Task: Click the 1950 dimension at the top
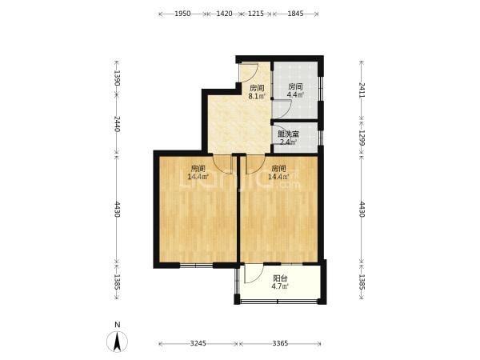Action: click(182, 14)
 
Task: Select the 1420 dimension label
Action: click(224, 14)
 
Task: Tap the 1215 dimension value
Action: click(256, 14)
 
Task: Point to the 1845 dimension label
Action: click(295, 14)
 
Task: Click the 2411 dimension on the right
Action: click(362, 90)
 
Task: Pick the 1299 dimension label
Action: click(362, 138)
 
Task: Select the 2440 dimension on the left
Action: click(117, 124)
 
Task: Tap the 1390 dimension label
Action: click(117, 78)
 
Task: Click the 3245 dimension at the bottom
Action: click(198, 343)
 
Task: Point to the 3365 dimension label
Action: click(280, 343)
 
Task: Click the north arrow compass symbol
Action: click(117, 341)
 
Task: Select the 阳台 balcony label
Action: click(280, 278)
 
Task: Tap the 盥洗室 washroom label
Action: click(288, 134)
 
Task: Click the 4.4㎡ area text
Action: click(295, 95)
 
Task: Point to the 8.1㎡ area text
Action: click(257, 97)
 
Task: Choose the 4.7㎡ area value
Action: click(280, 286)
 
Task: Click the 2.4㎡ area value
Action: click(288, 142)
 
